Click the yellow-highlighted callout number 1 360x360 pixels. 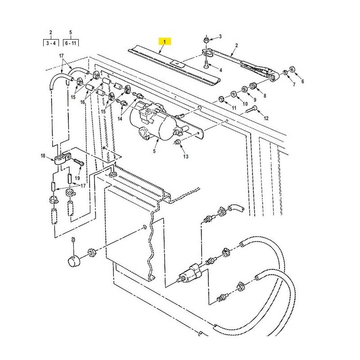coord(164,42)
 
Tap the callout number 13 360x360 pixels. coord(186,156)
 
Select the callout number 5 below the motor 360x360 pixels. coord(154,151)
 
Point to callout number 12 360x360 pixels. coord(266,118)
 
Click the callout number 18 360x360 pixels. coord(43,156)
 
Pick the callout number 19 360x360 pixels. coord(77,178)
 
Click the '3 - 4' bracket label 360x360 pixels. coord(51,43)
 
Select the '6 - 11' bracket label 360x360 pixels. coord(71,43)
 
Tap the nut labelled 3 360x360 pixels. coord(206,40)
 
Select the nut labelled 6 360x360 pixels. coord(292,69)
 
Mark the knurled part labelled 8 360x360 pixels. coord(253,85)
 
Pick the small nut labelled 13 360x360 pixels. coord(177,142)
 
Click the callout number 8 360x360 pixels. coord(265,96)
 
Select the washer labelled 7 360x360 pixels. coord(285,72)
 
